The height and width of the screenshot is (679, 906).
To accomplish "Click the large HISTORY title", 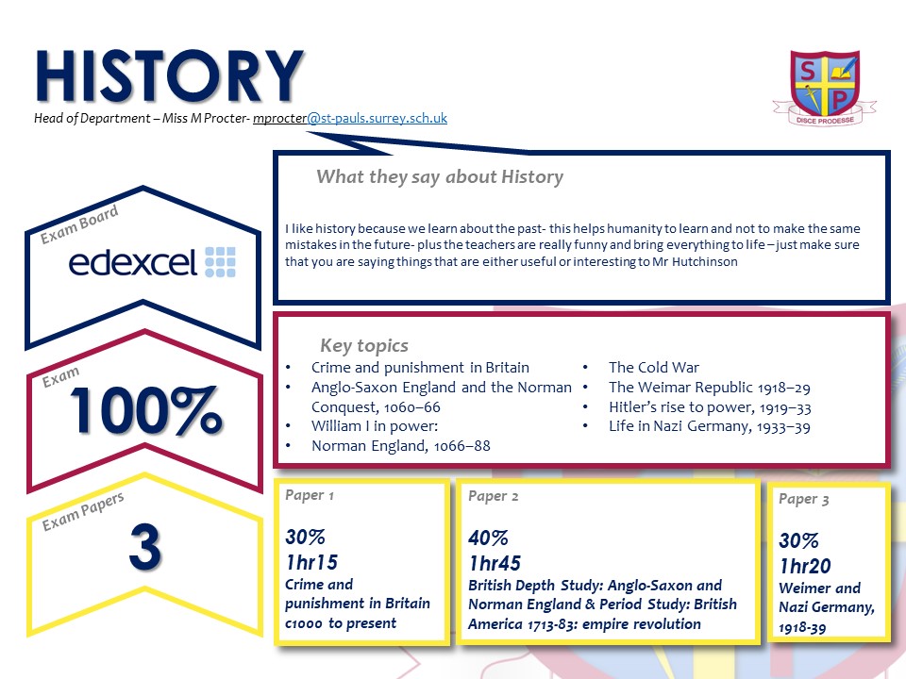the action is (x=169, y=76).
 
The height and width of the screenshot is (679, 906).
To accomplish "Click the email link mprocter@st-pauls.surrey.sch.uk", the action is (x=350, y=118).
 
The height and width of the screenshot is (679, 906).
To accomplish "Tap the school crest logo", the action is (x=825, y=88).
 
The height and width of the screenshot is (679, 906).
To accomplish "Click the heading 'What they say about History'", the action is (x=440, y=176).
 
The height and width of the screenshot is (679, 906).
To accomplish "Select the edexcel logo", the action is (x=152, y=262).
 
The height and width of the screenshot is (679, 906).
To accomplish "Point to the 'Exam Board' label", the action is (x=79, y=224).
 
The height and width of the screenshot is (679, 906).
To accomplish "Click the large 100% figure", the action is (x=145, y=410).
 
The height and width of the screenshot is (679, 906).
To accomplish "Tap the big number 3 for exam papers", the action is (x=145, y=546).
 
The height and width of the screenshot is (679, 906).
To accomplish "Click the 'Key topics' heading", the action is (x=364, y=345).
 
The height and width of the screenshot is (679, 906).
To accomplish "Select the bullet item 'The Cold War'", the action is (x=653, y=367).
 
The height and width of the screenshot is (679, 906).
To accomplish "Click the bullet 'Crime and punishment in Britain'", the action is (x=420, y=367).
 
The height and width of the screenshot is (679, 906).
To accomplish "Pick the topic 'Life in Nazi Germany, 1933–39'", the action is (x=710, y=426).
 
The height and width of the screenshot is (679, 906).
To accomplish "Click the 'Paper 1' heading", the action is (x=310, y=495).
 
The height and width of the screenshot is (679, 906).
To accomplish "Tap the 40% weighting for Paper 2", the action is (x=488, y=538).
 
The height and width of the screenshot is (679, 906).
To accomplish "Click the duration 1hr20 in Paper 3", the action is (x=805, y=566).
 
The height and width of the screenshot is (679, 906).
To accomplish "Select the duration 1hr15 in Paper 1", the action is (x=311, y=562).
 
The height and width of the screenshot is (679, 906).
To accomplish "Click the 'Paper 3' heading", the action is (x=804, y=499).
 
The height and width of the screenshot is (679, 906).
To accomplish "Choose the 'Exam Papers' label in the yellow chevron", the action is (x=83, y=511).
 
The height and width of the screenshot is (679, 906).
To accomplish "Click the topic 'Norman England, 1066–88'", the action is (x=400, y=446).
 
